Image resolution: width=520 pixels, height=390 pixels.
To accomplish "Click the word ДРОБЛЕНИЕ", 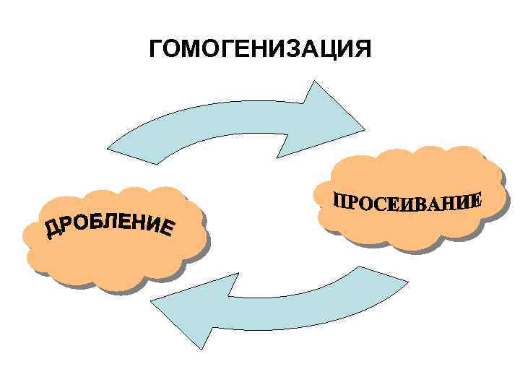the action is coord(110,222).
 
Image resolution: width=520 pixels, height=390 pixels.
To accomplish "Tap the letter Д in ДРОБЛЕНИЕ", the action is coord(53,230).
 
